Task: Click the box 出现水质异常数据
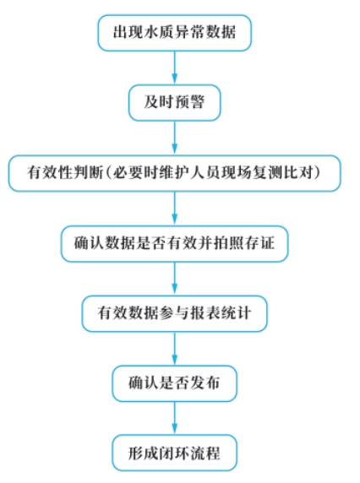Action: pos(174,33)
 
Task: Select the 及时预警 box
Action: pos(174,102)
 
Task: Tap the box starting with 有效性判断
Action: pos(174,173)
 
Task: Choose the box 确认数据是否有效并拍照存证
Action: pos(174,244)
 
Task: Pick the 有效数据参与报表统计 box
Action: pos(174,313)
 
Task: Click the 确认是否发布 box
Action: pos(174,383)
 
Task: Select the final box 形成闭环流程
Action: pos(174,453)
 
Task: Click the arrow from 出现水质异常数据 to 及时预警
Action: pos(174,68)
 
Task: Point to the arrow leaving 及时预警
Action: pos(174,138)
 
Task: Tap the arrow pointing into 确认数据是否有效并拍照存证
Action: pos(174,209)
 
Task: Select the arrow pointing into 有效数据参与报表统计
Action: pos(174,279)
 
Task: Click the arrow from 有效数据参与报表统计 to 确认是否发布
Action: pos(174,349)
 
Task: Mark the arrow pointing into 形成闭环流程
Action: pos(174,418)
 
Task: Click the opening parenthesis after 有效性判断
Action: pos(108,173)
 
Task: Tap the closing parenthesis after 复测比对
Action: pos(317,173)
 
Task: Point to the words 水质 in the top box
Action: pos(151,32)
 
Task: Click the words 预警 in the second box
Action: pos(189,102)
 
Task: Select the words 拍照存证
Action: pos(243,243)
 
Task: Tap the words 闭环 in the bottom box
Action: pos(174,453)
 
